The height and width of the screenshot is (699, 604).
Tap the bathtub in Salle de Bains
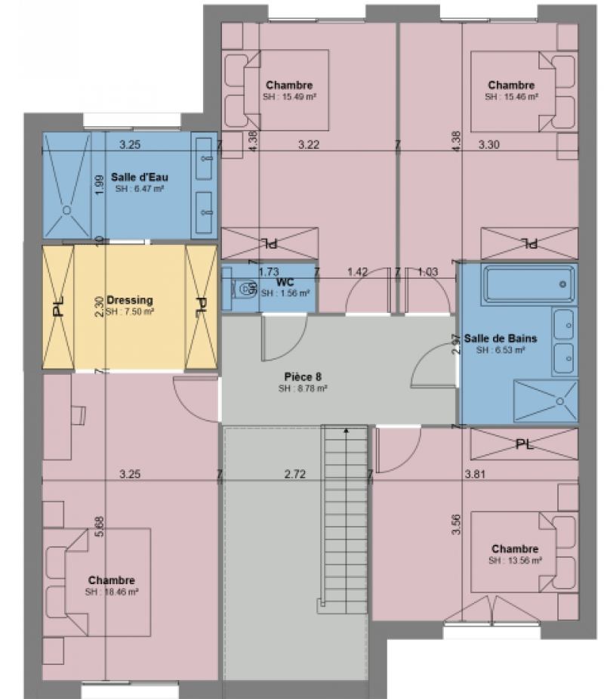528,283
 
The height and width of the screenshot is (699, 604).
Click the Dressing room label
129,300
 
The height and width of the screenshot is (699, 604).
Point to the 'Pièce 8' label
302,376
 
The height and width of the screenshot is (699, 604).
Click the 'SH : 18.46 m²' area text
111,592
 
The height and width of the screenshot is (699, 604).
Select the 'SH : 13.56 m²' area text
515,561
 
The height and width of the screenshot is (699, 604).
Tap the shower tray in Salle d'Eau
66,186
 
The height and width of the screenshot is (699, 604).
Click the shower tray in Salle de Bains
545,401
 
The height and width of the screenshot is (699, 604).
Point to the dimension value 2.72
295,475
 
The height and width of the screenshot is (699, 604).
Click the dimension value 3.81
472,475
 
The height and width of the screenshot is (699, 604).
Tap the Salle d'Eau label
140,177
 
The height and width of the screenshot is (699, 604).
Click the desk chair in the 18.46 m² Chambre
78,415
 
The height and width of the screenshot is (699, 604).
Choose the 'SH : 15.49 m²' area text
289,97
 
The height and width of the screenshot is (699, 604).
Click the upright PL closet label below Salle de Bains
524,444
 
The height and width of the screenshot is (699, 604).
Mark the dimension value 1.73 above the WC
269,271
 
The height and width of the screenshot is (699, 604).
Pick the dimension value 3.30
489,144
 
